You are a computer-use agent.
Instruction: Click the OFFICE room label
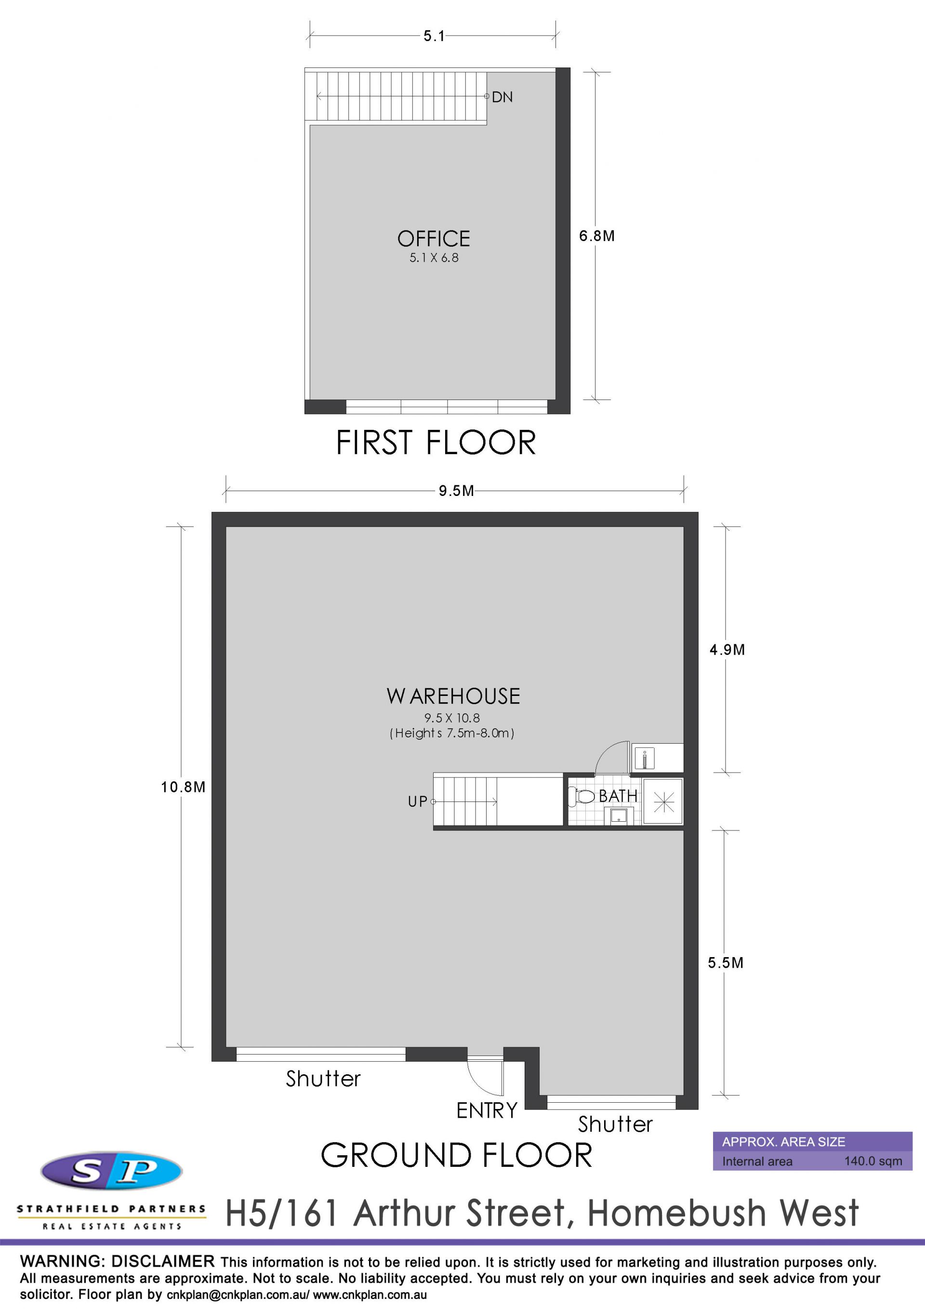click(434, 238)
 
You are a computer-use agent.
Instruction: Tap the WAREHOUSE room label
click(453, 696)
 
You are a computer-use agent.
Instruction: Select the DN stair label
click(502, 97)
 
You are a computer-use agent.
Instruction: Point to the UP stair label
click(417, 801)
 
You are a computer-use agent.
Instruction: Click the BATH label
click(618, 796)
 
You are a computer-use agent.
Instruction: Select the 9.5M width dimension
click(456, 491)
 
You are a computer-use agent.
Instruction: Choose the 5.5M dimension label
click(726, 962)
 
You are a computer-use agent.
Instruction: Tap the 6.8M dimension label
click(597, 236)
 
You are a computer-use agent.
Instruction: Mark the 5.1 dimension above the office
click(434, 36)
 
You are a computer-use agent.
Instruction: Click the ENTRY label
click(487, 1110)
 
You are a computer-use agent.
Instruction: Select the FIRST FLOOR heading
click(436, 442)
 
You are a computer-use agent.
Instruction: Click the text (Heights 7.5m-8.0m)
click(452, 733)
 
